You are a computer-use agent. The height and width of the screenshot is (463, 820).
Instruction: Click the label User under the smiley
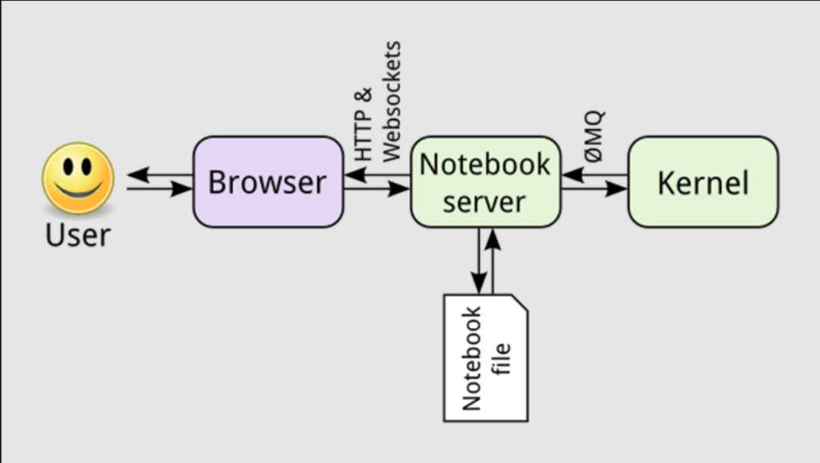point(77,235)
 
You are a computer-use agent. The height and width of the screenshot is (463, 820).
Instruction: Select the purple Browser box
point(268,182)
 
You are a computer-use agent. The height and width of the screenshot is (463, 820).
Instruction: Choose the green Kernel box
point(702,182)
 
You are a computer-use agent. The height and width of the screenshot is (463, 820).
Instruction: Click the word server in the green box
point(484,202)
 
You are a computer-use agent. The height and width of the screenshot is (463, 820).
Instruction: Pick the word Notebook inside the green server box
point(484,164)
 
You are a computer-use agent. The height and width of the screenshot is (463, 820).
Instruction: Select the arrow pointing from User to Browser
point(159,188)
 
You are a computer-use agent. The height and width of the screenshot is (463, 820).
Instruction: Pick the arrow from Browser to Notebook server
point(377,188)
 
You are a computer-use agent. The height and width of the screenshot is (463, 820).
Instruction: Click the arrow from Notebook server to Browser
point(377,176)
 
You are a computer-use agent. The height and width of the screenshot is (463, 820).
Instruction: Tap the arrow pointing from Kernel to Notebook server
point(594,176)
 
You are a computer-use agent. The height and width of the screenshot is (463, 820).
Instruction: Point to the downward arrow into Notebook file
point(479,261)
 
